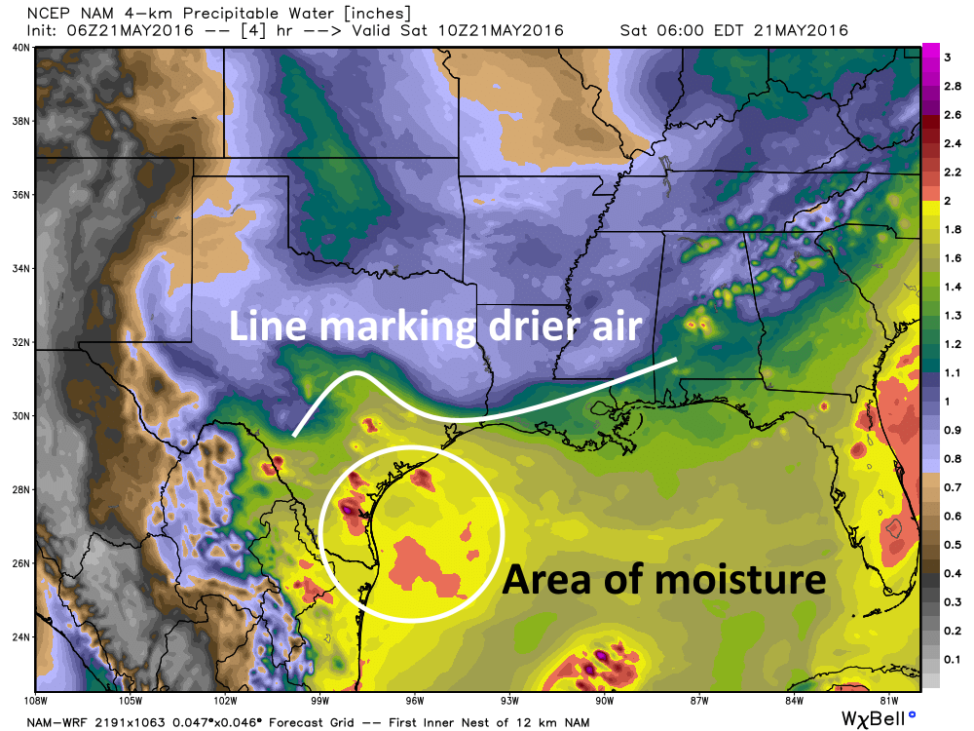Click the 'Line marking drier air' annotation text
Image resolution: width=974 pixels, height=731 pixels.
point(435,326)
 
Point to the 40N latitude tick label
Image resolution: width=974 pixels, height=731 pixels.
point(18,48)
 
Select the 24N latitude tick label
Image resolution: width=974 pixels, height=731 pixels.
point(18,636)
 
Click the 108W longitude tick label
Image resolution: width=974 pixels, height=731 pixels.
point(36,700)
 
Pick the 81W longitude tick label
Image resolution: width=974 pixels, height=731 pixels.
point(887,700)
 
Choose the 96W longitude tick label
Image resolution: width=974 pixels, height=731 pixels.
point(414,700)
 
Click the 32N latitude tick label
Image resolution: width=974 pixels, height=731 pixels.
point(18,342)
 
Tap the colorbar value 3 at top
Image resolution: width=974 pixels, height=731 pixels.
point(947,58)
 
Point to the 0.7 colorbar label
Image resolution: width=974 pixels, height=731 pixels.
point(950,484)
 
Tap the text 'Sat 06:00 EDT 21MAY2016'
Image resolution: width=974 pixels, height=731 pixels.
point(733,30)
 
